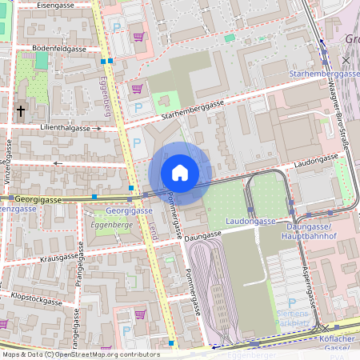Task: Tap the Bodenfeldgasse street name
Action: (x=58, y=49)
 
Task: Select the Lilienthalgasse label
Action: (x=65, y=127)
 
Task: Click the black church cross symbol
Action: (x=21, y=111)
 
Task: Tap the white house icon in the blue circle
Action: (x=180, y=173)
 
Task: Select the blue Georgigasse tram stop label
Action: (x=129, y=210)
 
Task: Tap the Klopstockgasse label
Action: (x=37, y=301)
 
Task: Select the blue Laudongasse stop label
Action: (x=250, y=221)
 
